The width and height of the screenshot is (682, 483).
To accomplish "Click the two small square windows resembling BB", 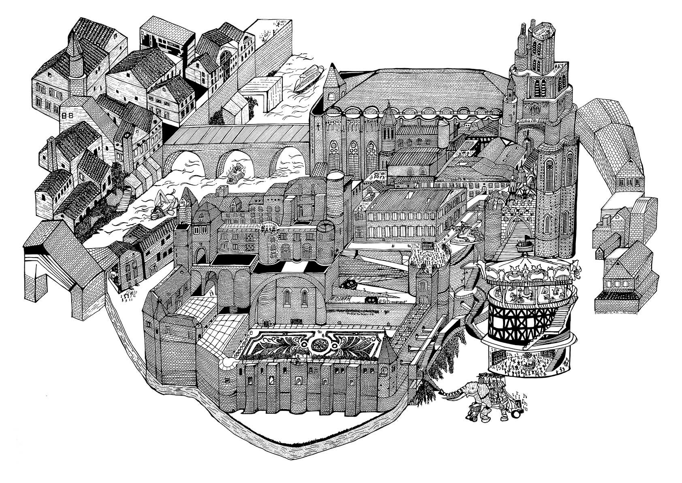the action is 65,116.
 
